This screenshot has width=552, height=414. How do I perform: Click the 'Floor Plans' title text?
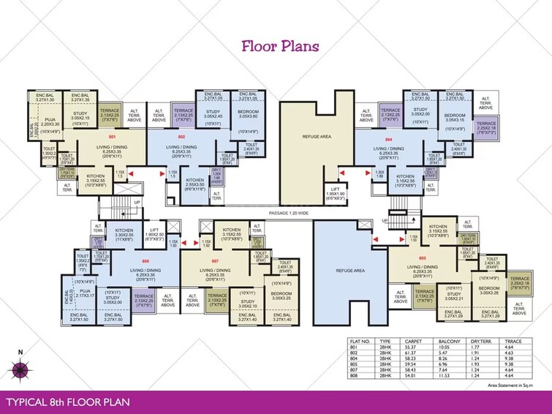coord(280,47)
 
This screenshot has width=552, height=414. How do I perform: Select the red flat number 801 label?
coord(113,137)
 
